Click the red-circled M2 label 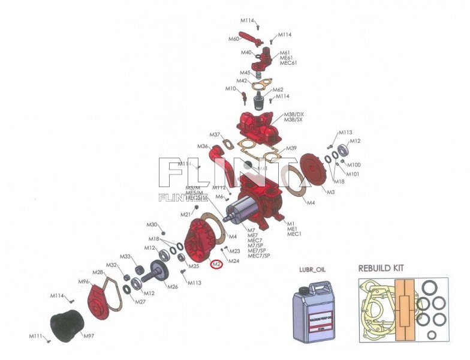(216, 264)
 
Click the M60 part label (234, 39)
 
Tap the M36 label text (203, 146)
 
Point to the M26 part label (172, 287)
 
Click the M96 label (84, 282)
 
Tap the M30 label (152, 224)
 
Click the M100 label (354, 165)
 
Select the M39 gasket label (291, 148)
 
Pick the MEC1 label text (294, 234)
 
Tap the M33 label (125, 257)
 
